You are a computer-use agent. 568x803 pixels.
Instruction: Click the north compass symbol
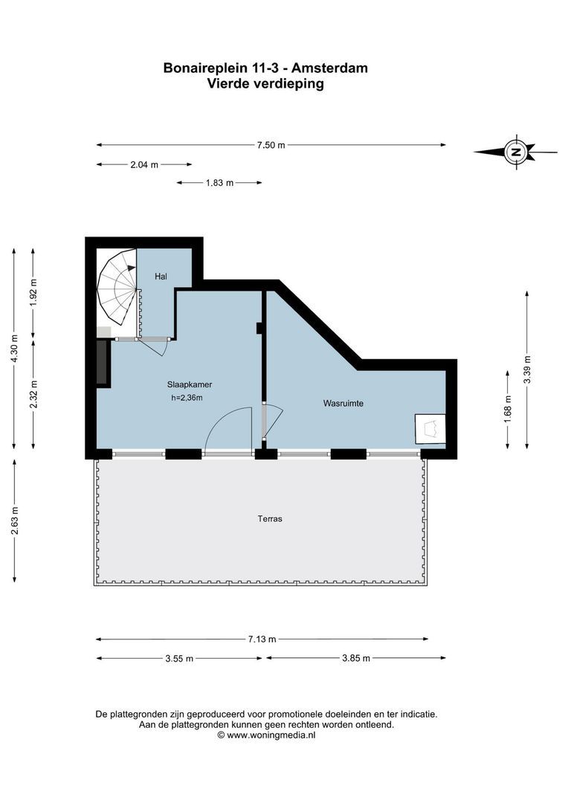(515, 152)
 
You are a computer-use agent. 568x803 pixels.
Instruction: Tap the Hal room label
(160, 277)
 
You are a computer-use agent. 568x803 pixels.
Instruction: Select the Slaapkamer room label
(190, 385)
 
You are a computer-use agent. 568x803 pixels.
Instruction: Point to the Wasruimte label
(343, 404)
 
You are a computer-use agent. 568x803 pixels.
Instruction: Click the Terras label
(271, 518)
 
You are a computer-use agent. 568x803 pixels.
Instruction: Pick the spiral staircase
(117, 286)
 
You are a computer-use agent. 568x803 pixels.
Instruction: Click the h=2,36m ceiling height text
(187, 399)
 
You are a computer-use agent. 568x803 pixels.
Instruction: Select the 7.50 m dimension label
(271, 145)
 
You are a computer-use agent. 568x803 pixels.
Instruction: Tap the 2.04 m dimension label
(143, 164)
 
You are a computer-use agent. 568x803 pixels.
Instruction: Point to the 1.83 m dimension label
(219, 182)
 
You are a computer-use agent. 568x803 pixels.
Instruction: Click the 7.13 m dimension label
(262, 639)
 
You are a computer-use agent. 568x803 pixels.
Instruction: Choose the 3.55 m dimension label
(178, 658)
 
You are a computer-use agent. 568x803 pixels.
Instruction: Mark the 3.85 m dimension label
(355, 658)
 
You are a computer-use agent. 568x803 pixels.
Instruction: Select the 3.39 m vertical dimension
(527, 370)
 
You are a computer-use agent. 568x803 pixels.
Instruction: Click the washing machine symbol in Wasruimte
(430, 429)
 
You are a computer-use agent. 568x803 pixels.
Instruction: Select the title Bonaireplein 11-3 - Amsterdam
(265, 68)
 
